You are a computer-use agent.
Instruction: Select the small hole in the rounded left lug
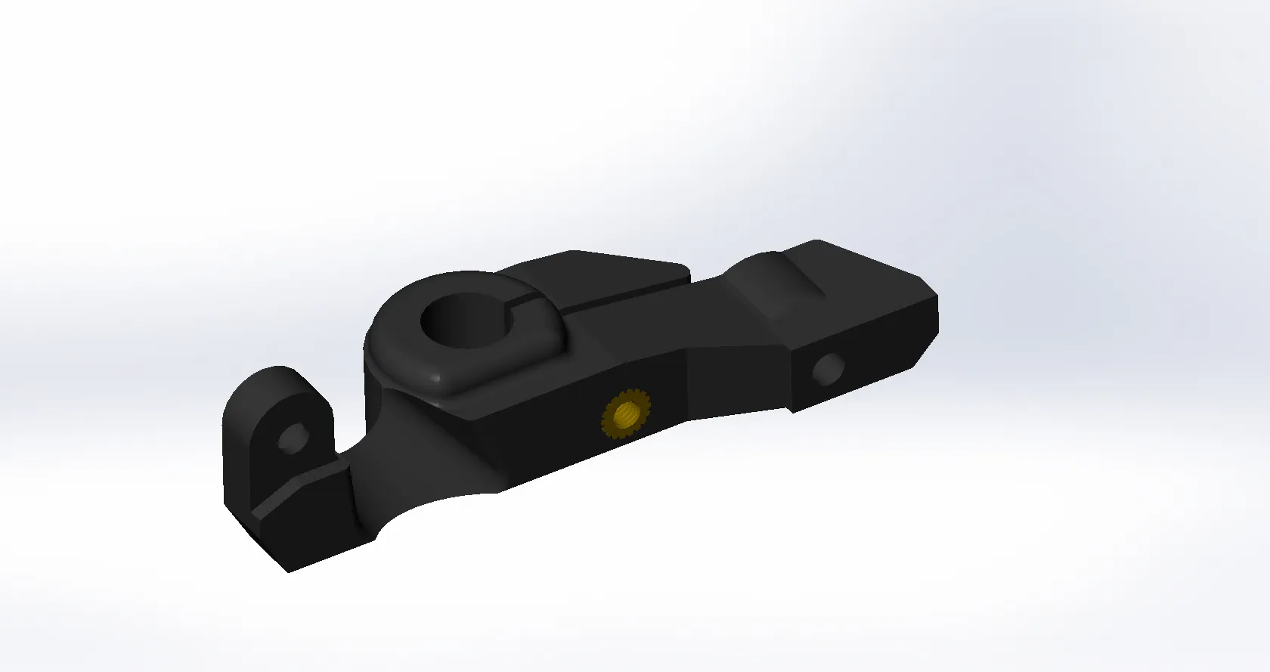click(x=290, y=438)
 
